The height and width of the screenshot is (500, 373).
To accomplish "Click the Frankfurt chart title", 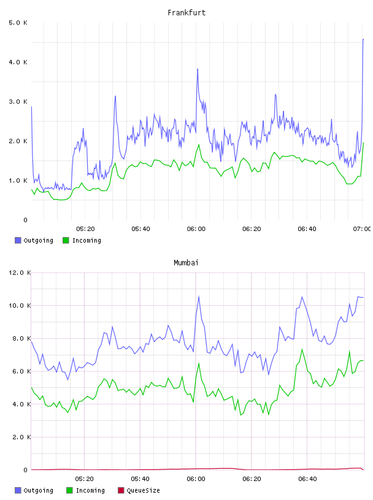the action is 186,13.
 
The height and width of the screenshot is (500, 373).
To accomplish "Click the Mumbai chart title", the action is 186,263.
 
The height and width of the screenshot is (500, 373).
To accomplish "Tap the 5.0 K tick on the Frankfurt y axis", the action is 18,23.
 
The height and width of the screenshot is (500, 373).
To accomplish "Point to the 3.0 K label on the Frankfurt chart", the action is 18,102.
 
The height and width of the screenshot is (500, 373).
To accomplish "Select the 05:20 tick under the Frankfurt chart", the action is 85,229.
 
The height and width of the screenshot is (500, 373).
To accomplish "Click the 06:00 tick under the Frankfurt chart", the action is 196,229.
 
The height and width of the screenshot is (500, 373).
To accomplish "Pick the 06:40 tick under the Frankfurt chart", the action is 307,229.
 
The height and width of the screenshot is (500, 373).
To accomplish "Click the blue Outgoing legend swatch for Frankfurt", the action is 18,240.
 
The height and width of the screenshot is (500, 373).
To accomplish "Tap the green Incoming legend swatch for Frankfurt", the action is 66,240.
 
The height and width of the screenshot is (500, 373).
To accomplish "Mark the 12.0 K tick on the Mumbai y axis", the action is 20,273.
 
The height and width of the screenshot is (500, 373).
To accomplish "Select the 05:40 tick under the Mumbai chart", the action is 140,479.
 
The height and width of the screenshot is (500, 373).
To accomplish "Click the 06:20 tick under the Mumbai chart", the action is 252,479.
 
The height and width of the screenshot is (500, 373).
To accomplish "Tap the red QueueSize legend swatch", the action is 121,490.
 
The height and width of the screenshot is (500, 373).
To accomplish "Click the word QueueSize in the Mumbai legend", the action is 143,490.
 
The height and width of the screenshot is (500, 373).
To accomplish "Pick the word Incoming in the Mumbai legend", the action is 90,490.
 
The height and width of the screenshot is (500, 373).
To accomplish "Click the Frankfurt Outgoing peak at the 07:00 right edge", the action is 363,39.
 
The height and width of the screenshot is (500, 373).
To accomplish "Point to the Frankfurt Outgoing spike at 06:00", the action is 198,69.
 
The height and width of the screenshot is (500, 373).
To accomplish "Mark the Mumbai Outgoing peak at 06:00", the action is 199,296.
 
